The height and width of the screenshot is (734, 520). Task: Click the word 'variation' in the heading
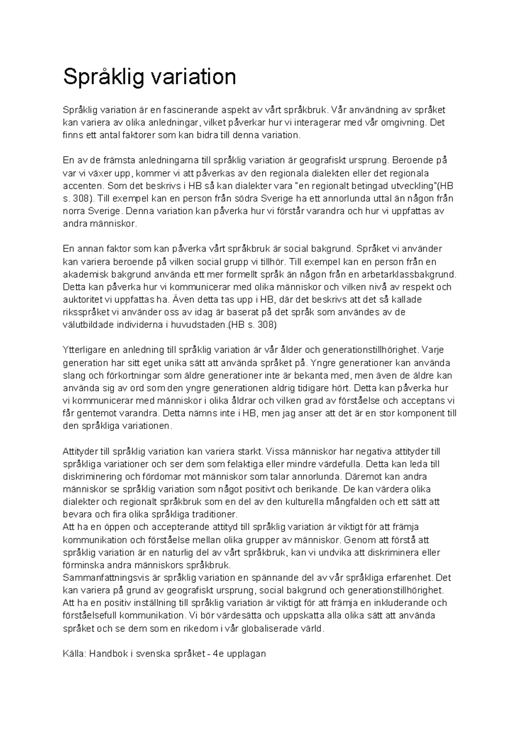(x=193, y=77)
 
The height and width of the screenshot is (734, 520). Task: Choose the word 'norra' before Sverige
(x=74, y=212)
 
